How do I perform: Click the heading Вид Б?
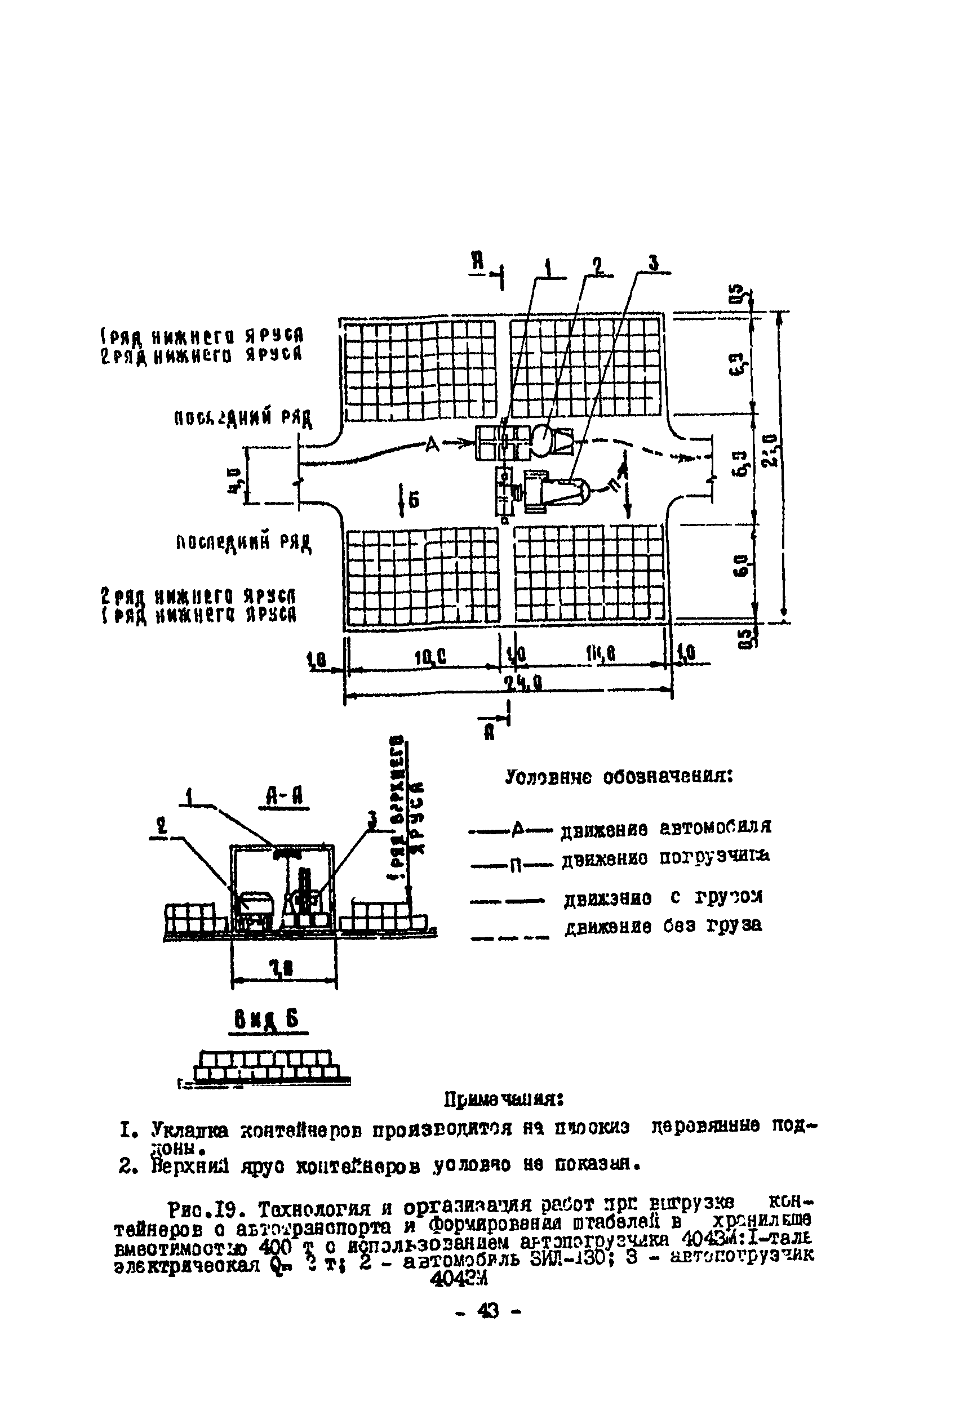click(x=267, y=1019)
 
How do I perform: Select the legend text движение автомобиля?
click(x=666, y=828)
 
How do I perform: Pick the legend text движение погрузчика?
click(x=665, y=857)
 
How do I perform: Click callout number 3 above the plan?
click(x=653, y=263)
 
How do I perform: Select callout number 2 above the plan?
click(x=597, y=266)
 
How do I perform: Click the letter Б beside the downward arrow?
click(x=414, y=501)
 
